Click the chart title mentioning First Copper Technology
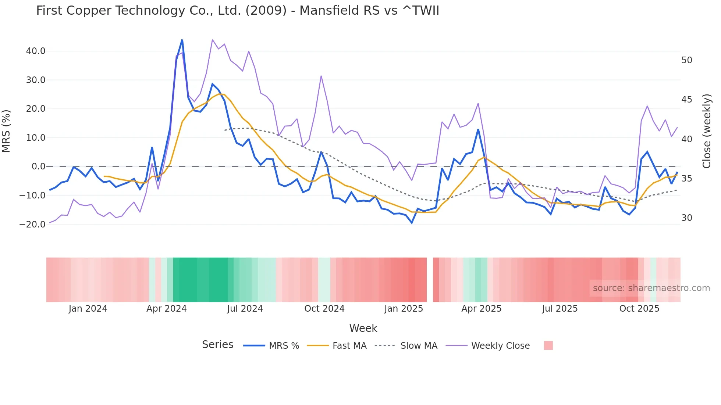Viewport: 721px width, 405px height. point(238,11)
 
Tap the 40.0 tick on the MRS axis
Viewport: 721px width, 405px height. point(36,51)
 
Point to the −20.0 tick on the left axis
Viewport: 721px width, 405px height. point(33,224)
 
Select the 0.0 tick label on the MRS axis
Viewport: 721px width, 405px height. point(38,166)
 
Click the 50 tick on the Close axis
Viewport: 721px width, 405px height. point(686,60)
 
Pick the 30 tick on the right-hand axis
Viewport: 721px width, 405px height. point(686,218)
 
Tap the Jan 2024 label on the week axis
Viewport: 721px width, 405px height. point(88,309)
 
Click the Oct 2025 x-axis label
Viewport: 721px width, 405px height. point(639,309)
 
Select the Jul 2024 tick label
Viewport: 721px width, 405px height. point(245,309)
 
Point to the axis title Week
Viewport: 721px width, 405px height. point(363,328)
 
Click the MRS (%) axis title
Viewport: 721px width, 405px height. point(6,131)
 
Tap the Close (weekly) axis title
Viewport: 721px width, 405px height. point(706,131)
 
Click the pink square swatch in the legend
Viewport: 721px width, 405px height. point(548,345)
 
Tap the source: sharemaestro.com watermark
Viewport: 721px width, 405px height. point(651,288)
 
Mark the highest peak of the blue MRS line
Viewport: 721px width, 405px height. point(182,40)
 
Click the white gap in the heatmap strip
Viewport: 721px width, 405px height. point(430,280)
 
